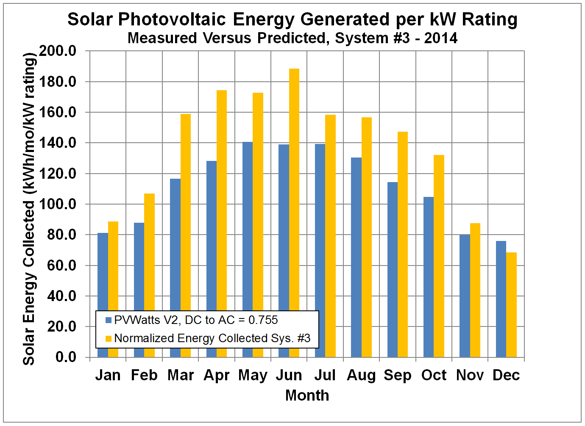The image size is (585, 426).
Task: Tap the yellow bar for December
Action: coord(511,305)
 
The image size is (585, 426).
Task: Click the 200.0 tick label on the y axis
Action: coord(58,51)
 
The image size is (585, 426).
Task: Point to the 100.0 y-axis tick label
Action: coord(58,204)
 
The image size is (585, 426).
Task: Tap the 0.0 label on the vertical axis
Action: coord(66,357)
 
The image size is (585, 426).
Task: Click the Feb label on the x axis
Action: coord(144,375)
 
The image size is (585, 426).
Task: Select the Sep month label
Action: coord(398,375)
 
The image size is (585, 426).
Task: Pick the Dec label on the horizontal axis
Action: coord(506,375)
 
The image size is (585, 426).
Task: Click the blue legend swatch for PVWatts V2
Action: coord(109,320)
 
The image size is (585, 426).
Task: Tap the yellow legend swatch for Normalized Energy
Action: coord(109,338)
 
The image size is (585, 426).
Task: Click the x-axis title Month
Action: coord(307,395)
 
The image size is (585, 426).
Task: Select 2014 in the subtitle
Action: coord(441,38)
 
